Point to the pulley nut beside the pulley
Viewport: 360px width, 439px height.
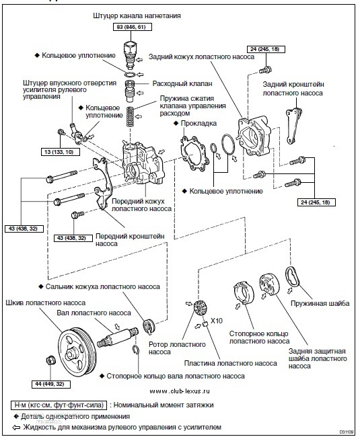pos(50,360)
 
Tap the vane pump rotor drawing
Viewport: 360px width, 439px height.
pos(200,309)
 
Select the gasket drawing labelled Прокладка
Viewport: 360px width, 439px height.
pos(195,153)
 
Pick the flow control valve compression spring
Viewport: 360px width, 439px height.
pos(129,116)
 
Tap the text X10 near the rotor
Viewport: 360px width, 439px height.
pos(216,321)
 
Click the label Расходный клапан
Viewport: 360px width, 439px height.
pos(182,83)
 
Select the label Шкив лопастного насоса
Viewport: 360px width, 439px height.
pos(45,303)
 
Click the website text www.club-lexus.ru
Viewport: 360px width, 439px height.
pos(180,391)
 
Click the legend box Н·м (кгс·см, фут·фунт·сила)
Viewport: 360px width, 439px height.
pos(59,405)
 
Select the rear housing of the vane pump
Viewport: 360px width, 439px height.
pos(254,136)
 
